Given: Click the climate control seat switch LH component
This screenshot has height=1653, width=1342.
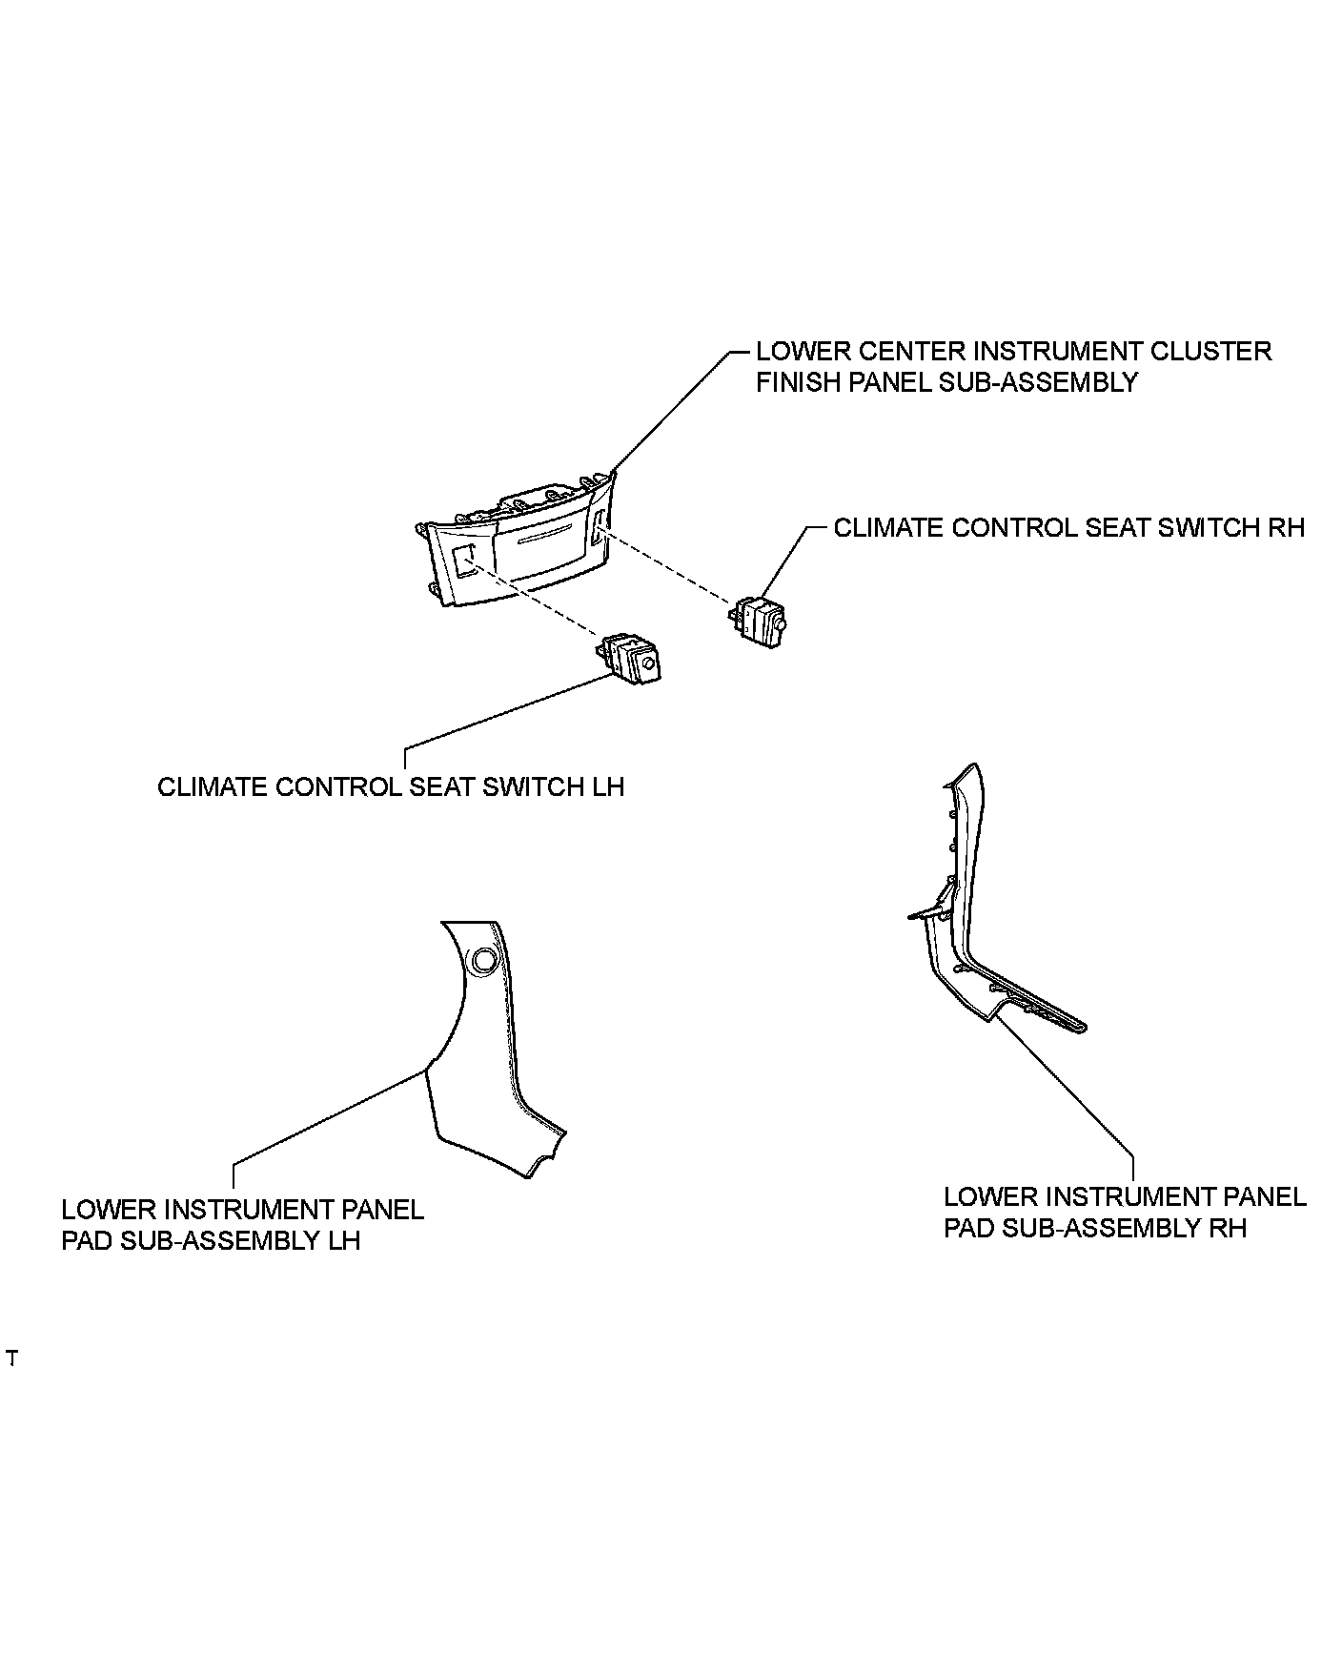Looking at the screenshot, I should coord(630,658).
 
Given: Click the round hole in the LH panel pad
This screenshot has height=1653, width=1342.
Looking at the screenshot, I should coord(482,961).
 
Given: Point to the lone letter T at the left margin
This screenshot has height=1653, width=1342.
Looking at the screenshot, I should coord(11,1358).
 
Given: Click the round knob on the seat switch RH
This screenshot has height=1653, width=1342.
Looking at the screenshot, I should coord(781,624).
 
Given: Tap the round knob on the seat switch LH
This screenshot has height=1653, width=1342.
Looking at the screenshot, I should coord(648,664).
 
